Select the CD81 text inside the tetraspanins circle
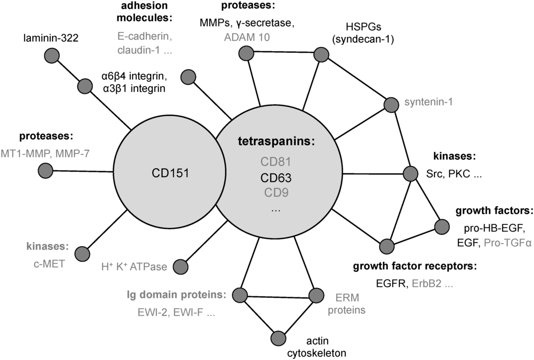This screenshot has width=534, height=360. pos(276,163)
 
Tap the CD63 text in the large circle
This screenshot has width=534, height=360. pos(276,178)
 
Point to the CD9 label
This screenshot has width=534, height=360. pos(276,193)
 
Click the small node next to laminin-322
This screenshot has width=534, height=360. pos(51,55)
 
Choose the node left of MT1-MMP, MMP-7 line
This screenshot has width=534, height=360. pos(45,171)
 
